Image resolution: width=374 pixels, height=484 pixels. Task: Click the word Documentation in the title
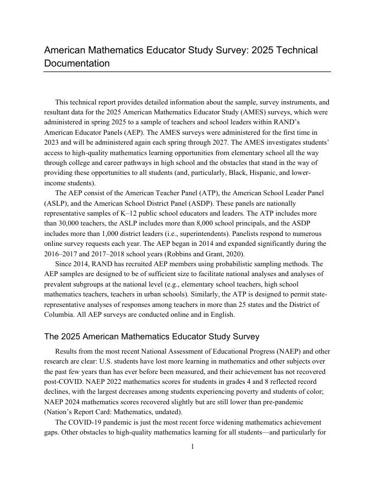[76, 63]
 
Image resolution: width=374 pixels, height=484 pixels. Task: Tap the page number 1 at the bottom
[193, 447]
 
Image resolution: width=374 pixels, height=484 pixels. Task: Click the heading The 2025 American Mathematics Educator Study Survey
[152, 337]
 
